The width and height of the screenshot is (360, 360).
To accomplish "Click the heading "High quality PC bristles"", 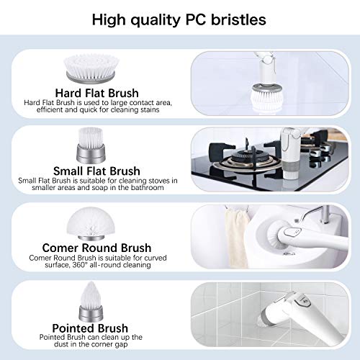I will click(180, 19).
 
